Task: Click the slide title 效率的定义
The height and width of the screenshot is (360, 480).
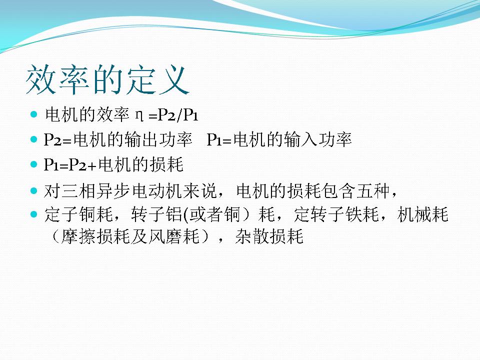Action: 107,79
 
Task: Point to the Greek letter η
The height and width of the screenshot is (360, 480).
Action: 139,115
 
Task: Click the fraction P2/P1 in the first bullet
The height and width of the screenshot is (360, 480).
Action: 178,115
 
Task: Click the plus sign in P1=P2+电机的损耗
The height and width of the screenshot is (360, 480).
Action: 92,165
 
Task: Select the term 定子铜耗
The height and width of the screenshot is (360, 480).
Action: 78,214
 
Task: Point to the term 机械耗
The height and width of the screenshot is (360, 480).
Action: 422,214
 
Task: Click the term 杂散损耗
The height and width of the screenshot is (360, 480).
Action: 269,236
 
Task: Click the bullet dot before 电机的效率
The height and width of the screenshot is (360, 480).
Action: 33,115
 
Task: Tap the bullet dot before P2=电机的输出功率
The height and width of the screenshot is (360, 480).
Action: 33,139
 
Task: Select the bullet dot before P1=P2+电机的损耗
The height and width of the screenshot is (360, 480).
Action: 33,164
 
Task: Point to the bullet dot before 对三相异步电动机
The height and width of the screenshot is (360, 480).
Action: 33,191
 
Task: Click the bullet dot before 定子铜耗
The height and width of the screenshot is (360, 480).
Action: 33,214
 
